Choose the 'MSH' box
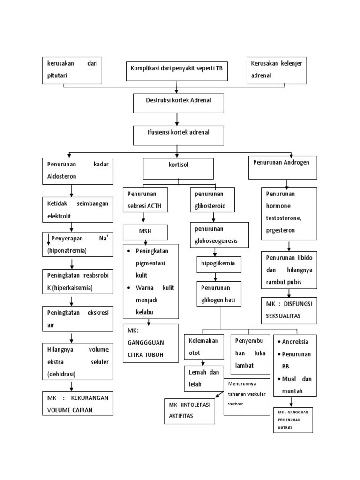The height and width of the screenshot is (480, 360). [x=145, y=232]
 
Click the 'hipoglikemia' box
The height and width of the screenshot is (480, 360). [x=218, y=264]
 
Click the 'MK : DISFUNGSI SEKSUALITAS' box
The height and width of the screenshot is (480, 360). [x=289, y=310]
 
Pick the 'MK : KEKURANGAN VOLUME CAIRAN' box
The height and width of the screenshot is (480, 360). [x=78, y=403]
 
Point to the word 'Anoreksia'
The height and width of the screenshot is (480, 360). [x=297, y=342]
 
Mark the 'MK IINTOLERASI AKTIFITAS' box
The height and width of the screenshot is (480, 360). [x=189, y=411]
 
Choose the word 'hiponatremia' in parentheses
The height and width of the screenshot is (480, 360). [x=67, y=251]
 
